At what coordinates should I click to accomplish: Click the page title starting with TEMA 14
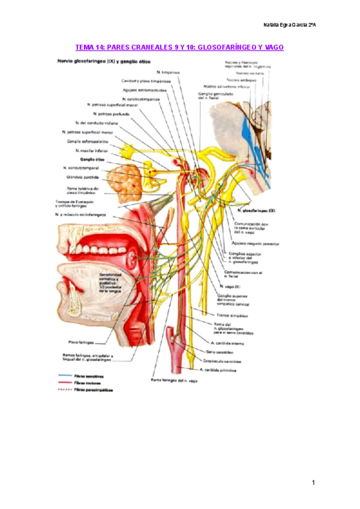(x=179, y=47)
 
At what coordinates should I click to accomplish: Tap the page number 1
(x=313, y=483)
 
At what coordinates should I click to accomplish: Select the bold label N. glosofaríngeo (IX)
(x=256, y=212)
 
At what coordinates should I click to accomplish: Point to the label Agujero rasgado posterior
(x=258, y=244)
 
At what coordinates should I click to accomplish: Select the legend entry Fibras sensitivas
(x=86, y=376)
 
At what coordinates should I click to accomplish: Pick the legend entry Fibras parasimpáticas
(x=90, y=390)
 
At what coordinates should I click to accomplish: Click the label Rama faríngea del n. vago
(x=174, y=381)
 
